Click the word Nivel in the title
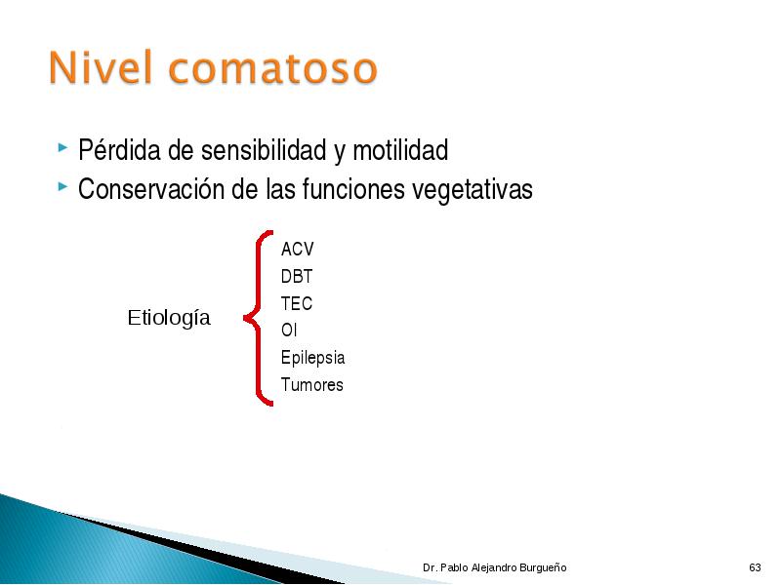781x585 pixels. (x=101, y=66)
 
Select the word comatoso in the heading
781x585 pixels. (x=273, y=68)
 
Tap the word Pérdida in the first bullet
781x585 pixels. (x=119, y=149)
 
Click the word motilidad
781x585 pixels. (x=400, y=150)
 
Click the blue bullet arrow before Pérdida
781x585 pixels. (x=62, y=147)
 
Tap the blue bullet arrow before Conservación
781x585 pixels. (x=62, y=187)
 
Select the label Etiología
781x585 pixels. (x=169, y=319)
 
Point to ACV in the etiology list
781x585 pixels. (x=298, y=249)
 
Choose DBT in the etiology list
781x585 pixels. (x=297, y=276)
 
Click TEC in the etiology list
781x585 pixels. (x=297, y=303)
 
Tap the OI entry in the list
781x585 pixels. (x=289, y=330)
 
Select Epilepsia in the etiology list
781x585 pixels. (x=312, y=358)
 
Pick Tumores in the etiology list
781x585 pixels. (x=311, y=384)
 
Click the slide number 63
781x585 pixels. (x=755, y=567)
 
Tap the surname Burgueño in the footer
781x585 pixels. (x=543, y=567)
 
